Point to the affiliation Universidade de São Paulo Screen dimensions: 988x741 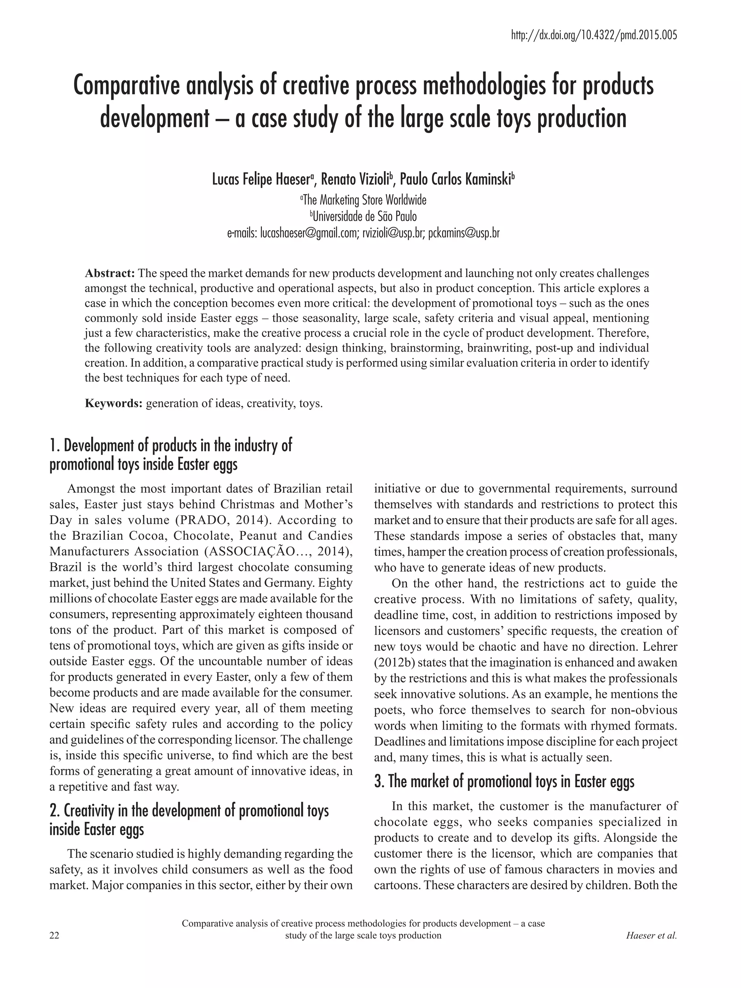pyautogui.click(x=364, y=217)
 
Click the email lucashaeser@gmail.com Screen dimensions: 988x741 pyautogui.click(x=309, y=233)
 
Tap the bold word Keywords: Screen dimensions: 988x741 pyautogui.click(x=114, y=403)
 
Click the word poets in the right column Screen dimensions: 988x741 pyautogui.click(x=389, y=710)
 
